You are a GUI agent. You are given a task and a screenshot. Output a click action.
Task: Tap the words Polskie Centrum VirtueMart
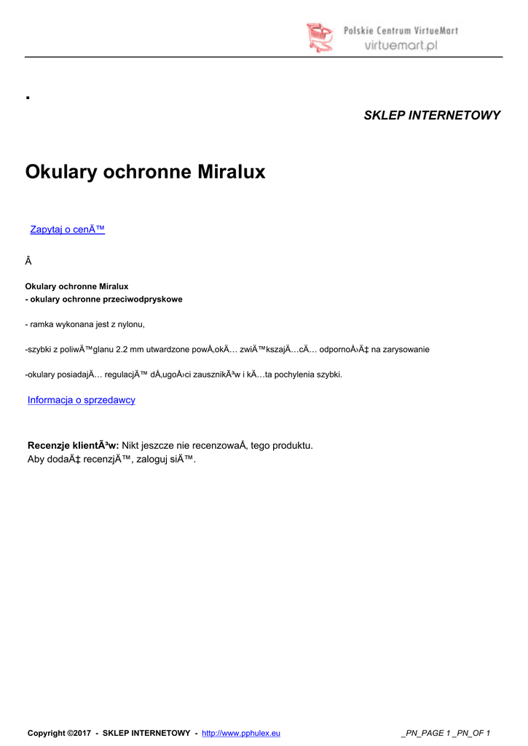click(401, 31)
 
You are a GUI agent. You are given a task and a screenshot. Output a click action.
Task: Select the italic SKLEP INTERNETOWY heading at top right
click(432, 115)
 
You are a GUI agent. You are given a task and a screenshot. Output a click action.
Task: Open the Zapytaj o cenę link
click(68, 229)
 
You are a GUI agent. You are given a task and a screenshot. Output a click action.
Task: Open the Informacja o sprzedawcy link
click(81, 400)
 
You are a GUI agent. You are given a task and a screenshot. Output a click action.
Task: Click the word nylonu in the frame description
click(131, 324)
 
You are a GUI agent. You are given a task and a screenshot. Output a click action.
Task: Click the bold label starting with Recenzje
click(73, 445)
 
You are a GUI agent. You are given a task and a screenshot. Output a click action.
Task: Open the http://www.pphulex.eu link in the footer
click(240, 733)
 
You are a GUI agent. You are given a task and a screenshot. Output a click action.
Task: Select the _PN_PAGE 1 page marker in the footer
click(427, 733)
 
